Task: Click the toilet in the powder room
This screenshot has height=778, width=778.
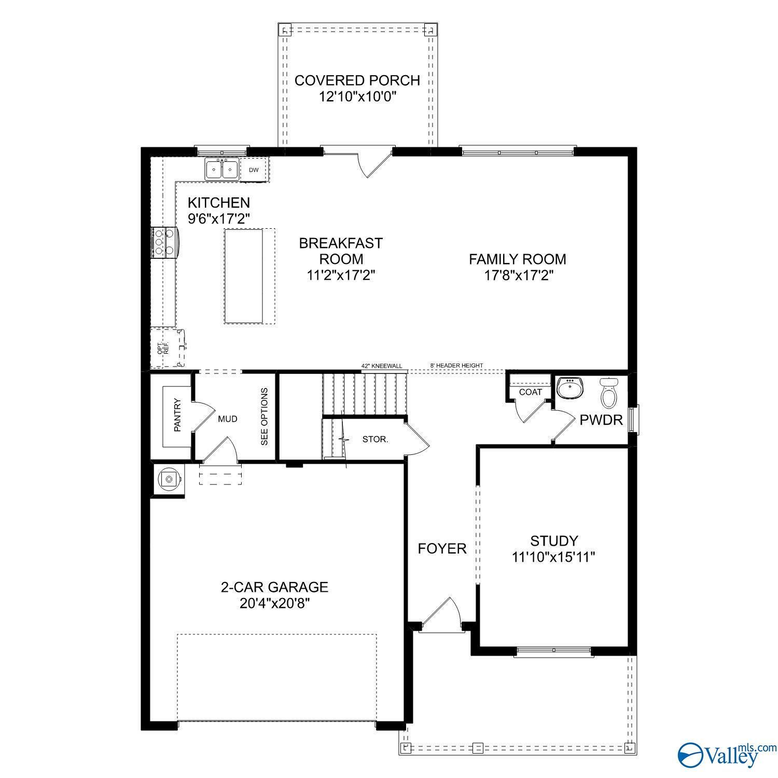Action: point(608,392)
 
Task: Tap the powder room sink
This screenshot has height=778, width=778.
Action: point(570,388)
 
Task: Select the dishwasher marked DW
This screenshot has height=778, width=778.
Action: point(253,170)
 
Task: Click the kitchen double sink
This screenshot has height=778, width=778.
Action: point(222,169)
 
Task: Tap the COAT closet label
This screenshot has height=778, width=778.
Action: point(530,392)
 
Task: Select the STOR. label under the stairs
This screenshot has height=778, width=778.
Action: point(375,439)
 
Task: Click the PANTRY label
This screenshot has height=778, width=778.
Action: point(178,415)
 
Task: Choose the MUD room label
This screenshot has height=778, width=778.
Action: point(228,419)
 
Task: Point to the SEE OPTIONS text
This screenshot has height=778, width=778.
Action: point(265,416)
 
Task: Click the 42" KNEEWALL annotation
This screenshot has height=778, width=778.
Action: point(382,366)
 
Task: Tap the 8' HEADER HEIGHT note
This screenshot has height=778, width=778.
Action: point(456,366)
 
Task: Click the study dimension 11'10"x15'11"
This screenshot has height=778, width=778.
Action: point(553,557)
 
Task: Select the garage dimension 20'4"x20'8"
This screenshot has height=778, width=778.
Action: point(275,603)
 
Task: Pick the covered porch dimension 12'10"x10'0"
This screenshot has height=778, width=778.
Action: point(357,96)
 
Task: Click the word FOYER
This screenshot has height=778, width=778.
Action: point(442,548)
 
